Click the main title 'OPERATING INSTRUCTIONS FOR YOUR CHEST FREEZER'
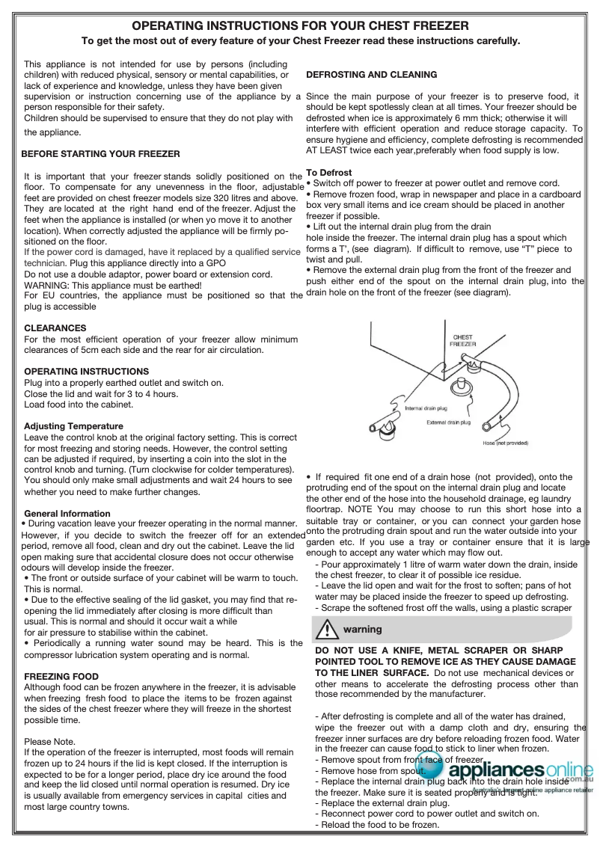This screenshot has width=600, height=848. pyautogui.click(x=300, y=26)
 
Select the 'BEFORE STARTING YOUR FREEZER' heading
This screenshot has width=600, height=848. pyautogui.click(x=100, y=154)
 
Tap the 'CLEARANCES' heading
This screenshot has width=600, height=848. pyautogui.click(x=55, y=328)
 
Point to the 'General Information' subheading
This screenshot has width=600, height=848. pyautogui.click(x=67, y=514)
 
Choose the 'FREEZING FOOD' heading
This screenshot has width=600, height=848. pyautogui.click(x=61, y=677)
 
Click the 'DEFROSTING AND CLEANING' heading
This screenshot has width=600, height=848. pyautogui.click(x=372, y=75)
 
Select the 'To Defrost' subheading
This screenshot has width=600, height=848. pyautogui.click(x=329, y=173)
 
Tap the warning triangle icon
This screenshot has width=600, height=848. pyautogui.click(x=327, y=630)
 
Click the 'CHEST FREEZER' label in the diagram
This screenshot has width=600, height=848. pyautogui.click(x=462, y=340)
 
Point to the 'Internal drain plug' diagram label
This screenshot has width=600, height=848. pyautogui.click(x=426, y=408)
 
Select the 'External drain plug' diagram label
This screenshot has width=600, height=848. pyautogui.click(x=448, y=423)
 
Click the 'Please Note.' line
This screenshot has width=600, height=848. pyautogui.click(x=50, y=742)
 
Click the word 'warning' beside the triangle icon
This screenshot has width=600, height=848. pyautogui.click(x=363, y=630)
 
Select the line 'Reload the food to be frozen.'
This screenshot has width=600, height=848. pyautogui.click(x=377, y=825)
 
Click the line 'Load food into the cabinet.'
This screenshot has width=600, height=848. pyautogui.click(x=79, y=405)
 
